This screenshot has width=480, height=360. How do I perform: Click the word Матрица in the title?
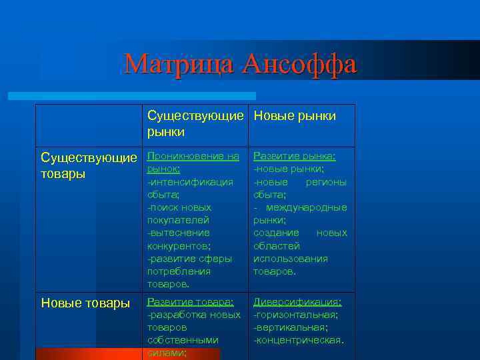pyautogui.click(x=180, y=64)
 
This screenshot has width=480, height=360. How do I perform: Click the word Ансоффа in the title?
pyautogui.click(x=299, y=64)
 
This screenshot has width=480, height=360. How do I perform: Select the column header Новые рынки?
pyautogui.click(x=294, y=116)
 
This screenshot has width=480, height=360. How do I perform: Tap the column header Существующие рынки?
pyautogui.click(x=195, y=124)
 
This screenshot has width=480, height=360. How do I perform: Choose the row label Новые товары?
pyautogui.click(x=85, y=303)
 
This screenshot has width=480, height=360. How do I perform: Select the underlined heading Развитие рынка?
pyautogui.click(x=294, y=156)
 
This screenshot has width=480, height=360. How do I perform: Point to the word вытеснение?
pyautogui.click(x=179, y=233)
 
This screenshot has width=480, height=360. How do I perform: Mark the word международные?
pyautogui.click(x=305, y=207)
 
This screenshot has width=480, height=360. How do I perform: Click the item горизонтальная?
pyautogui.click(x=297, y=315)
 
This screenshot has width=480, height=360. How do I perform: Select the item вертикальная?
pyautogui.click(x=292, y=327)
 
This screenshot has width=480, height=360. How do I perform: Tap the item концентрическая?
pyautogui.click(x=299, y=340)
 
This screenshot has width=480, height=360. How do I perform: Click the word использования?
pyautogui.click(x=291, y=259)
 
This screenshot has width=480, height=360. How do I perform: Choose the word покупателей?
pyautogui.click(x=179, y=220)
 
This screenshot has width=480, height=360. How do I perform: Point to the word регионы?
pyautogui.click(x=326, y=182)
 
